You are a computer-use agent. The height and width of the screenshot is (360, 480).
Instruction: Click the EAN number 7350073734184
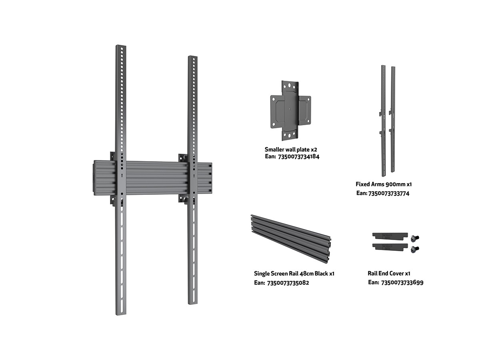[298, 157]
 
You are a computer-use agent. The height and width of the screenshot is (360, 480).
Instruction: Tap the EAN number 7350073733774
[388, 194]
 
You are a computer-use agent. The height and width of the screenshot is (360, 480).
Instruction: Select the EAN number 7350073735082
[288, 283]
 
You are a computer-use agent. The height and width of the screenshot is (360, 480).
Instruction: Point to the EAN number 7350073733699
[402, 283]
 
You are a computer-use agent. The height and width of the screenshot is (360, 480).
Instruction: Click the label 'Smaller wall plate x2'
[291, 150]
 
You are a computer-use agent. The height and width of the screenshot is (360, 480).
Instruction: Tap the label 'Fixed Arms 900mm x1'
[384, 184]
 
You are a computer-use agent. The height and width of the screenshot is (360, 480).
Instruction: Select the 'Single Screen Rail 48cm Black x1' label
[294, 274]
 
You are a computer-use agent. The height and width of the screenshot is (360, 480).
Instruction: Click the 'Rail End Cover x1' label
[389, 273]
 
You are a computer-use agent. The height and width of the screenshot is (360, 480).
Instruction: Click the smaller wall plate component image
[291, 111]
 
